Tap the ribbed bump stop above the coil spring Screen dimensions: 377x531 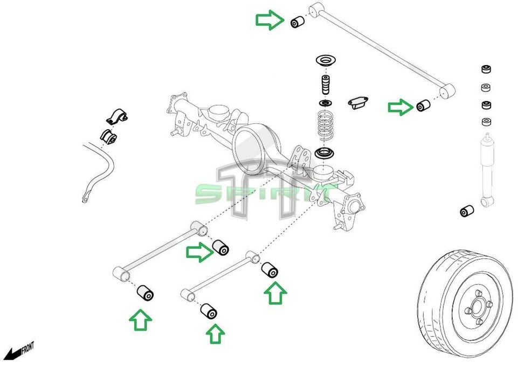(325, 86)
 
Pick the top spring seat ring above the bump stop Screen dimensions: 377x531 (325, 61)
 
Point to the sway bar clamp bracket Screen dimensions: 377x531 (115, 115)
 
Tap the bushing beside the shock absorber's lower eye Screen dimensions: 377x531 (467, 211)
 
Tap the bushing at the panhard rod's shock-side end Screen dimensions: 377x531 (423, 105)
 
